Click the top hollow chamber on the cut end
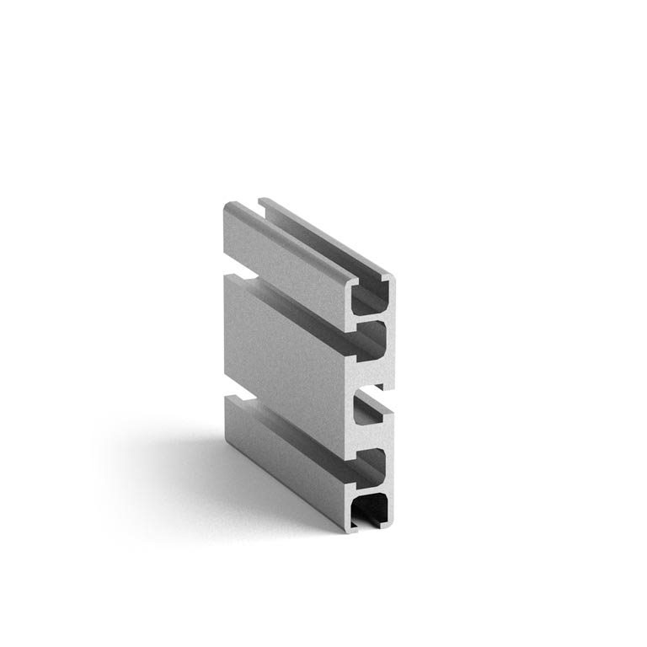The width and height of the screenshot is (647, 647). tap(372, 298)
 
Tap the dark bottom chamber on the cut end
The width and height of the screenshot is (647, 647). tap(371, 510)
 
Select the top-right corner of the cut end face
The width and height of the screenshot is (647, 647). tap(392, 275)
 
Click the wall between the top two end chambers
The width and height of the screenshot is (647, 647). tap(372, 318)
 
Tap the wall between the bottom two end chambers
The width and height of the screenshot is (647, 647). tap(372, 488)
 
